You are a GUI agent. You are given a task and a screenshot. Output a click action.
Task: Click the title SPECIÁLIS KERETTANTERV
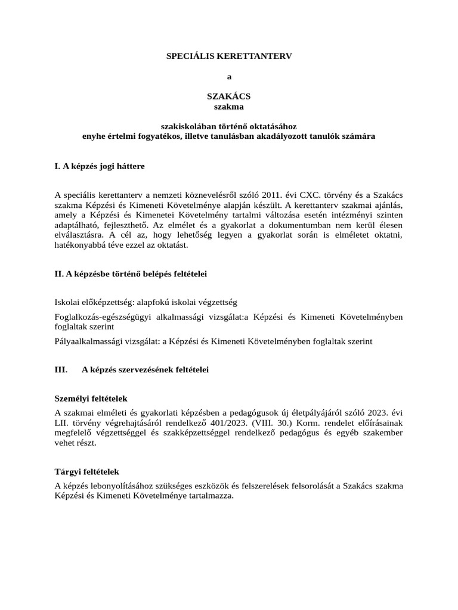pos(229,55)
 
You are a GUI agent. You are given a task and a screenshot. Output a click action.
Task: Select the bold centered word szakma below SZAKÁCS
pos(229,107)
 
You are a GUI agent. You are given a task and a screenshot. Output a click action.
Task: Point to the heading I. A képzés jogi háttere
pos(100,166)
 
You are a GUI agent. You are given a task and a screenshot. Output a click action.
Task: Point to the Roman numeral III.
pos(61,370)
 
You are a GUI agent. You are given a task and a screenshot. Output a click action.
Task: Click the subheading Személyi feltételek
pos(91,398)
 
